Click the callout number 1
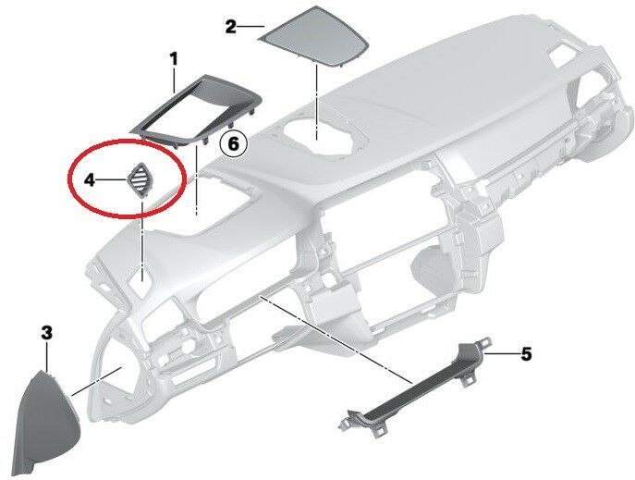173,59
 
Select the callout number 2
231,27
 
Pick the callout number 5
526,352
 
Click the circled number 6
233,143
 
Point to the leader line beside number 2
251,27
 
